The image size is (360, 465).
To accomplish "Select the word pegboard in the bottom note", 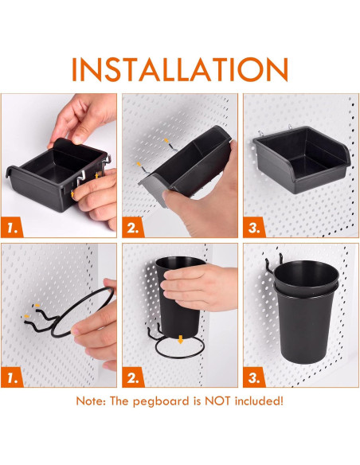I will [x=158, y=401].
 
